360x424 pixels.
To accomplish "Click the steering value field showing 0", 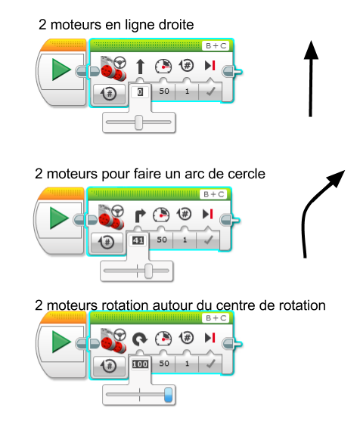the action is coord(140,92).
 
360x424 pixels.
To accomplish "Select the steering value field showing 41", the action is coord(138,240).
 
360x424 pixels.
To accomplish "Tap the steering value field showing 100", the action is coord(140,364).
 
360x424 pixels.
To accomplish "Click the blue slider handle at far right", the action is coord(168,395).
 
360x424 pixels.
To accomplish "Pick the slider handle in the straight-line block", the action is coord(138,122).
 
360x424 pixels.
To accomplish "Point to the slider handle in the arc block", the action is coord(148,271).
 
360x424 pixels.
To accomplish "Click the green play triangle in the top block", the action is coord(61,70).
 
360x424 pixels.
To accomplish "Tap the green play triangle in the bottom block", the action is coord(61,342).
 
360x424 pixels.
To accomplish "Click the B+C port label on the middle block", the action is coord(213,194).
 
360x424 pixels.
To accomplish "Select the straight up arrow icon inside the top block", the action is coord(140,67).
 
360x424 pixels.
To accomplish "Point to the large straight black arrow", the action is coord(311,79).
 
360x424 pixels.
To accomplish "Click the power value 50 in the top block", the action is coord(164,91).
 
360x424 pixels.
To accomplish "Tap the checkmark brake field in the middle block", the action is coord(208,240).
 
